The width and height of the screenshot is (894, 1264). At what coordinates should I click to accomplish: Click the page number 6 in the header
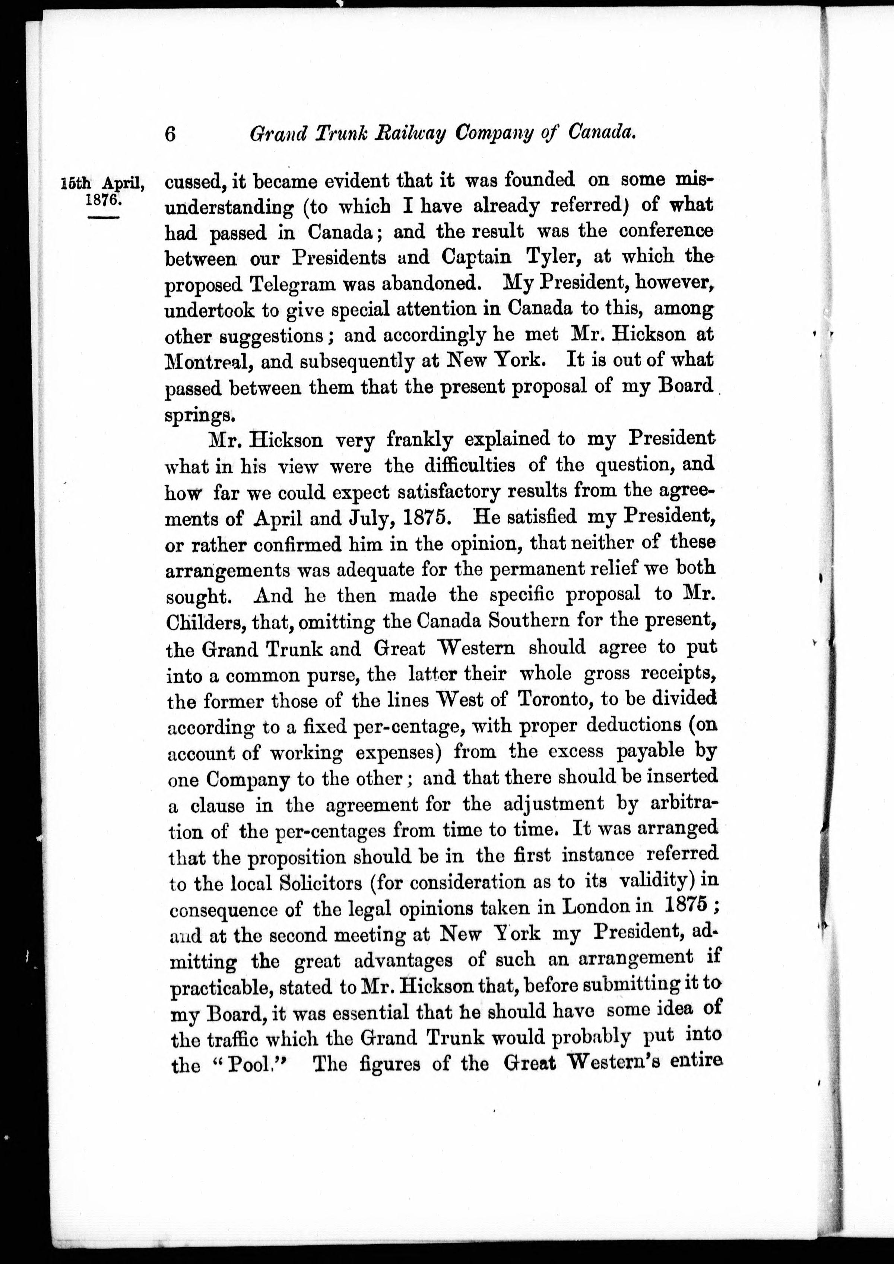pyautogui.click(x=171, y=134)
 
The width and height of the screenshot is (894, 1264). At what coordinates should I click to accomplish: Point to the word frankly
pyautogui.click(x=419, y=440)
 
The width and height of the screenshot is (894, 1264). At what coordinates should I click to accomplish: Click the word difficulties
pyautogui.click(x=470, y=466)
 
